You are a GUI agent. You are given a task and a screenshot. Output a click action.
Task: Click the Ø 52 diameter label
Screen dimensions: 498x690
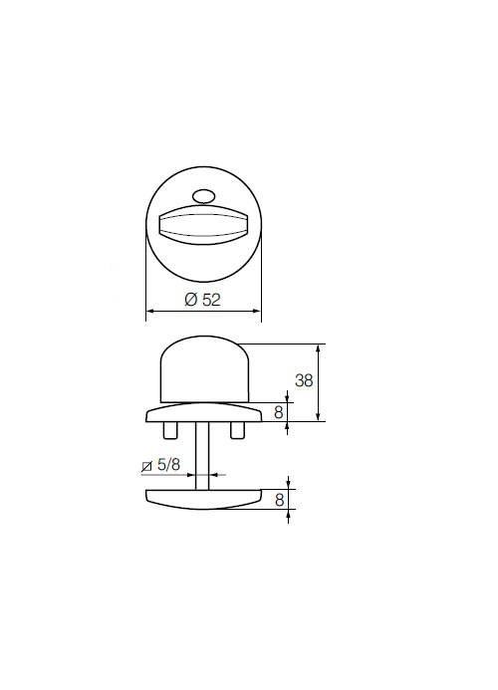pyautogui.click(x=202, y=300)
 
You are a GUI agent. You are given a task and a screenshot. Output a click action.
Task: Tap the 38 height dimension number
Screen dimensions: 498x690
pyautogui.click(x=304, y=380)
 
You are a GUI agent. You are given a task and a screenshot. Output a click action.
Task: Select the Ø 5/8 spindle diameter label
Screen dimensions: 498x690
pyautogui.click(x=160, y=465)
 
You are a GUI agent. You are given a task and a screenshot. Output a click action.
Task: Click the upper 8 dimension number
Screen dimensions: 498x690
pyautogui.click(x=278, y=412)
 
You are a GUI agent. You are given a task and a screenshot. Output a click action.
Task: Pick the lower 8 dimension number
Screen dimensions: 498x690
pyautogui.click(x=279, y=500)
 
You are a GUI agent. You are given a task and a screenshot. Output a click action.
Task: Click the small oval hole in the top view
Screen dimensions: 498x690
pyautogui.click(x=202, y=196)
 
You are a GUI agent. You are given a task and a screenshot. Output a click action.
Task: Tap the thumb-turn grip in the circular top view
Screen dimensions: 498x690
pyautogui.click(x=203, y=224)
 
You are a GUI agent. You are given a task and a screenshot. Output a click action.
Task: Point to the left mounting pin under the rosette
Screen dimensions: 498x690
pyautogui.click(x=170, y=430)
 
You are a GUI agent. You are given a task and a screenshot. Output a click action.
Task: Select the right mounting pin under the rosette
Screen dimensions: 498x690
pyautogui.click(x=237, y=430)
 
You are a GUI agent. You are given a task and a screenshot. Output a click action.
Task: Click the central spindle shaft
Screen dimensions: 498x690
pyautogui.click(x=202, y=455)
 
